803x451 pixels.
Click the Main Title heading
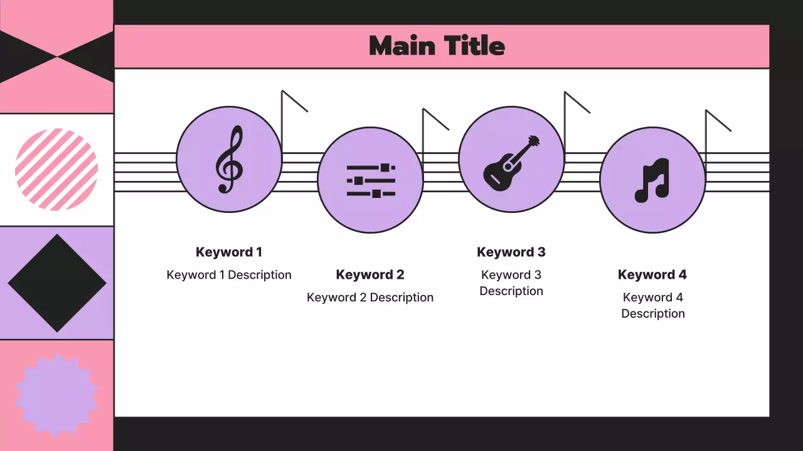(437, 46)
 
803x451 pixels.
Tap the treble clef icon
(229, 159)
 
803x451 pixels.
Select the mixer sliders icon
(370, 180)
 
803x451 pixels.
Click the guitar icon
(511, 162)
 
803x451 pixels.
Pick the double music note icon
(652, 180)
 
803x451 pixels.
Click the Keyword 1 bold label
(229, 252)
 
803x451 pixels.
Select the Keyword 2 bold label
(370, 275)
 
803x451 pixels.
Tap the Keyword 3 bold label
(511, 252)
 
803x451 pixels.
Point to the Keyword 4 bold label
(652, 275)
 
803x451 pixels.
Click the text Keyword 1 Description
(229, 275)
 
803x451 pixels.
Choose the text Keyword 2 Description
(370, 298)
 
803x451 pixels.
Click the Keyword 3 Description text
(511, 283)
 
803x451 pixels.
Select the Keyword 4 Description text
(652, 305)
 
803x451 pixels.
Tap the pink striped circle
(56, 169)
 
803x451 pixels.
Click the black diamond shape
(57, 283)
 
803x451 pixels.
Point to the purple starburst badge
(56, 395)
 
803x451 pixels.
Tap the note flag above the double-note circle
(718, 120)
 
